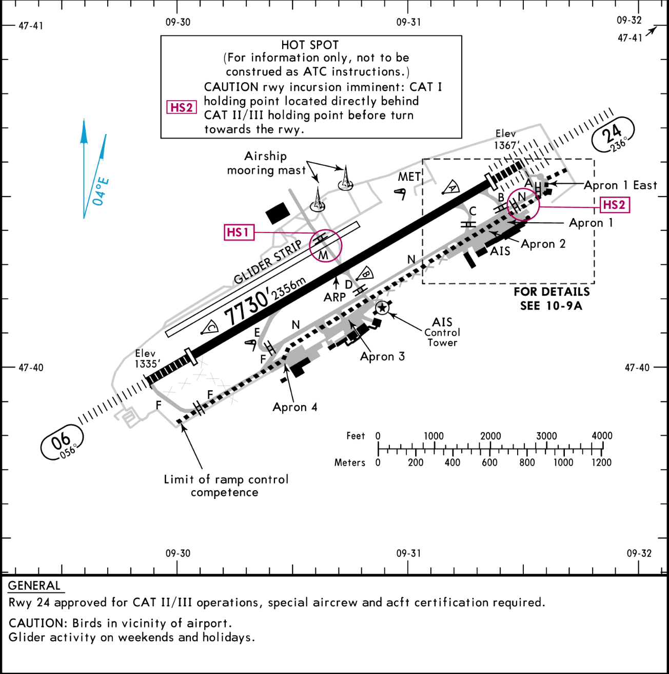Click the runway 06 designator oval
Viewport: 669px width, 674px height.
pyautogui.click(x=62, y=442)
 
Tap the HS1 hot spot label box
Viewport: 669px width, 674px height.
pyautogui.click(x=239, y=232)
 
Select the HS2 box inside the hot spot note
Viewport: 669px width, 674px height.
pyautogui.click(x=181, y=107)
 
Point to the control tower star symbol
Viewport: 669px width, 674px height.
pyautogui.click(x=382, y=308)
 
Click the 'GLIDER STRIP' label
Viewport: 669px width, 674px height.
pyautogui.click(x=267, y=262)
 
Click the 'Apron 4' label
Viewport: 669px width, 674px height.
pyautogui.click(x=295, y=407)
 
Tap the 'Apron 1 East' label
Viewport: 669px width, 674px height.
pyautogui.click(x=620, y=185)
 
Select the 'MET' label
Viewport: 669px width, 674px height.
pyautogui.click(x=409, y=177)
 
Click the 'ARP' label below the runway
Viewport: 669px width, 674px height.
pyautogui.click(x=334, y=297)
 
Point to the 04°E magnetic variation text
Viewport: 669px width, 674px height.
pyautogui.click(x=101, y=191)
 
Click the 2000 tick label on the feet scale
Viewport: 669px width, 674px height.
pyautogui.click(x=490, y=436)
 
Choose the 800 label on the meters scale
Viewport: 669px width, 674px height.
pyautogui.click(x=527, y=463)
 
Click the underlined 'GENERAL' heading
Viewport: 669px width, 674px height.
pyautogui.click(x=34, y=586)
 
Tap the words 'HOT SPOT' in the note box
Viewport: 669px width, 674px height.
pyautogui.click(x=310, y=45)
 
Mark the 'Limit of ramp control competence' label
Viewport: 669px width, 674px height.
pyautogui.click(x=226, y=486)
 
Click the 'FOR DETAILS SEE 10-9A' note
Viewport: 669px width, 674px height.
pyautogui.click(x=552, y=299)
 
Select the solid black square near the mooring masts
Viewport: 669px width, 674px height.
pyautogui.click(x=278, y=214)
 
